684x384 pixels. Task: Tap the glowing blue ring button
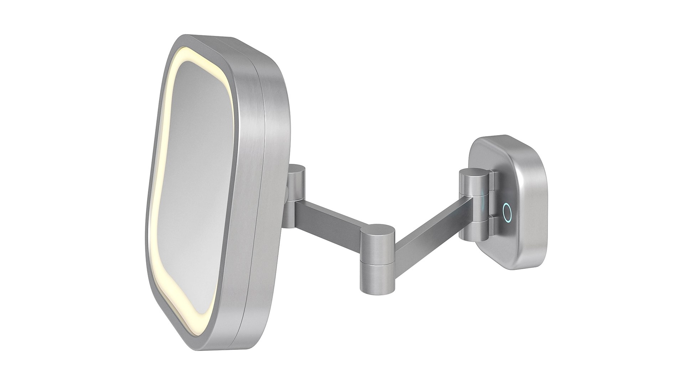coord(507,213)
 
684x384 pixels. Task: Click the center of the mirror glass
coord(199,199)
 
